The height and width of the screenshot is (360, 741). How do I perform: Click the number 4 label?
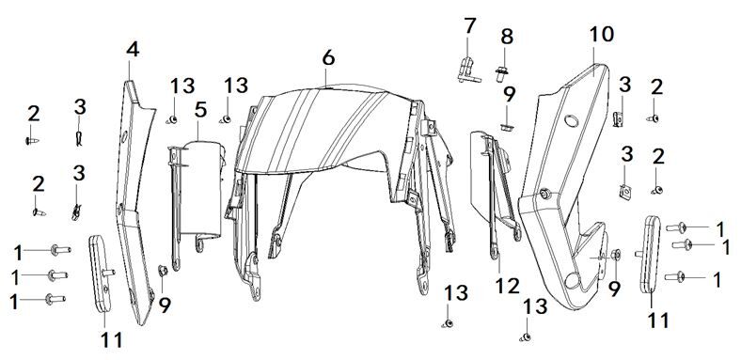133,48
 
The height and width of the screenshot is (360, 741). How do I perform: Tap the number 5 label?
199,110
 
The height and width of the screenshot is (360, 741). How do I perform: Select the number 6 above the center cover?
327,57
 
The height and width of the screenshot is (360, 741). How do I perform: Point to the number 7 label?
470,25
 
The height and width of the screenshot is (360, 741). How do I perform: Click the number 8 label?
507,37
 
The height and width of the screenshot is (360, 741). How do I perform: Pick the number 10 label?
601,35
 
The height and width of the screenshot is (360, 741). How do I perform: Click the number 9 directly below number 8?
509,94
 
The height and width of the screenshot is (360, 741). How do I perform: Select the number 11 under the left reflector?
111,339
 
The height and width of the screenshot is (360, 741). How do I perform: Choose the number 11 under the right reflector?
658,321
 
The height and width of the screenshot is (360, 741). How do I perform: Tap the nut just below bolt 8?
506,123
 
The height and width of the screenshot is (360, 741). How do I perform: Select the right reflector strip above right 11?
649,254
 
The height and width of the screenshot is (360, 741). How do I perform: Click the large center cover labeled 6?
329,141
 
